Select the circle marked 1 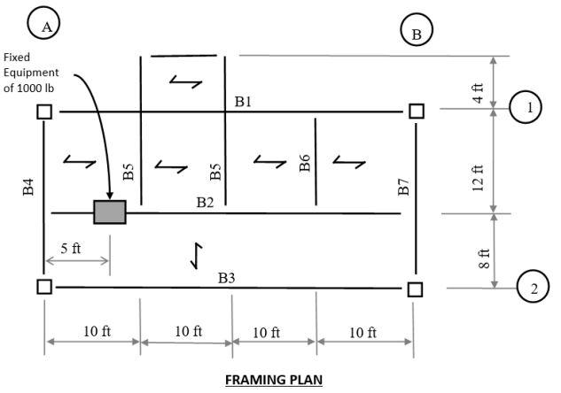pyautogui.click(x=529, y=108)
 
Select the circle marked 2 pyautogui.click(x=534, y=288)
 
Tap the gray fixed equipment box pyautogui.click(x=110, y=212)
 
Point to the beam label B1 pyautogui.click(x=243, y=102)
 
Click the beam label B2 pyautogui.click(x=206, y=203)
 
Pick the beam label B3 pyautogui.click(x=227, y=278)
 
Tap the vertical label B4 pyautogui.click(x=28, y=187)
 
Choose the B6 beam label pyautogui.click(x=304, y=163)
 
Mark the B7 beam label pyautogui.click(x=403, y=187)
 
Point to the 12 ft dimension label pyautogui.click(x=478, y=178)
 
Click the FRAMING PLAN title pyautogui.click(x=274, y=380)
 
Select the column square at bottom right pyautogui.click(x=415, y=289)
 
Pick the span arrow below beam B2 pyautogui.click(x=197, y=255)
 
